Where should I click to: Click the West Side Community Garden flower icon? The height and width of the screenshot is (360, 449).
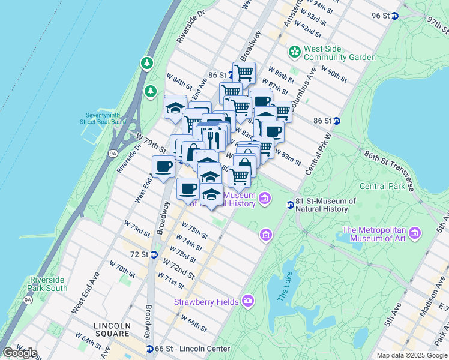tap(294, 52)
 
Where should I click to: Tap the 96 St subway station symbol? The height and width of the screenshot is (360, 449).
tap(395, 16)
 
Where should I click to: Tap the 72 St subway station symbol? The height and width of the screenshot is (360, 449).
tap(154, 254)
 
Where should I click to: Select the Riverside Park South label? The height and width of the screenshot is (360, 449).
tap(49, 284)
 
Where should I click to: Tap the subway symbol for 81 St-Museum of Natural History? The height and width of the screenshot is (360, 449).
tap(290, 205)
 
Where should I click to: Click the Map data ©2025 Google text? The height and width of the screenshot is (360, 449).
tap(411, 355)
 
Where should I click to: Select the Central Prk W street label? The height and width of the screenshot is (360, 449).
tap(318, 154)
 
